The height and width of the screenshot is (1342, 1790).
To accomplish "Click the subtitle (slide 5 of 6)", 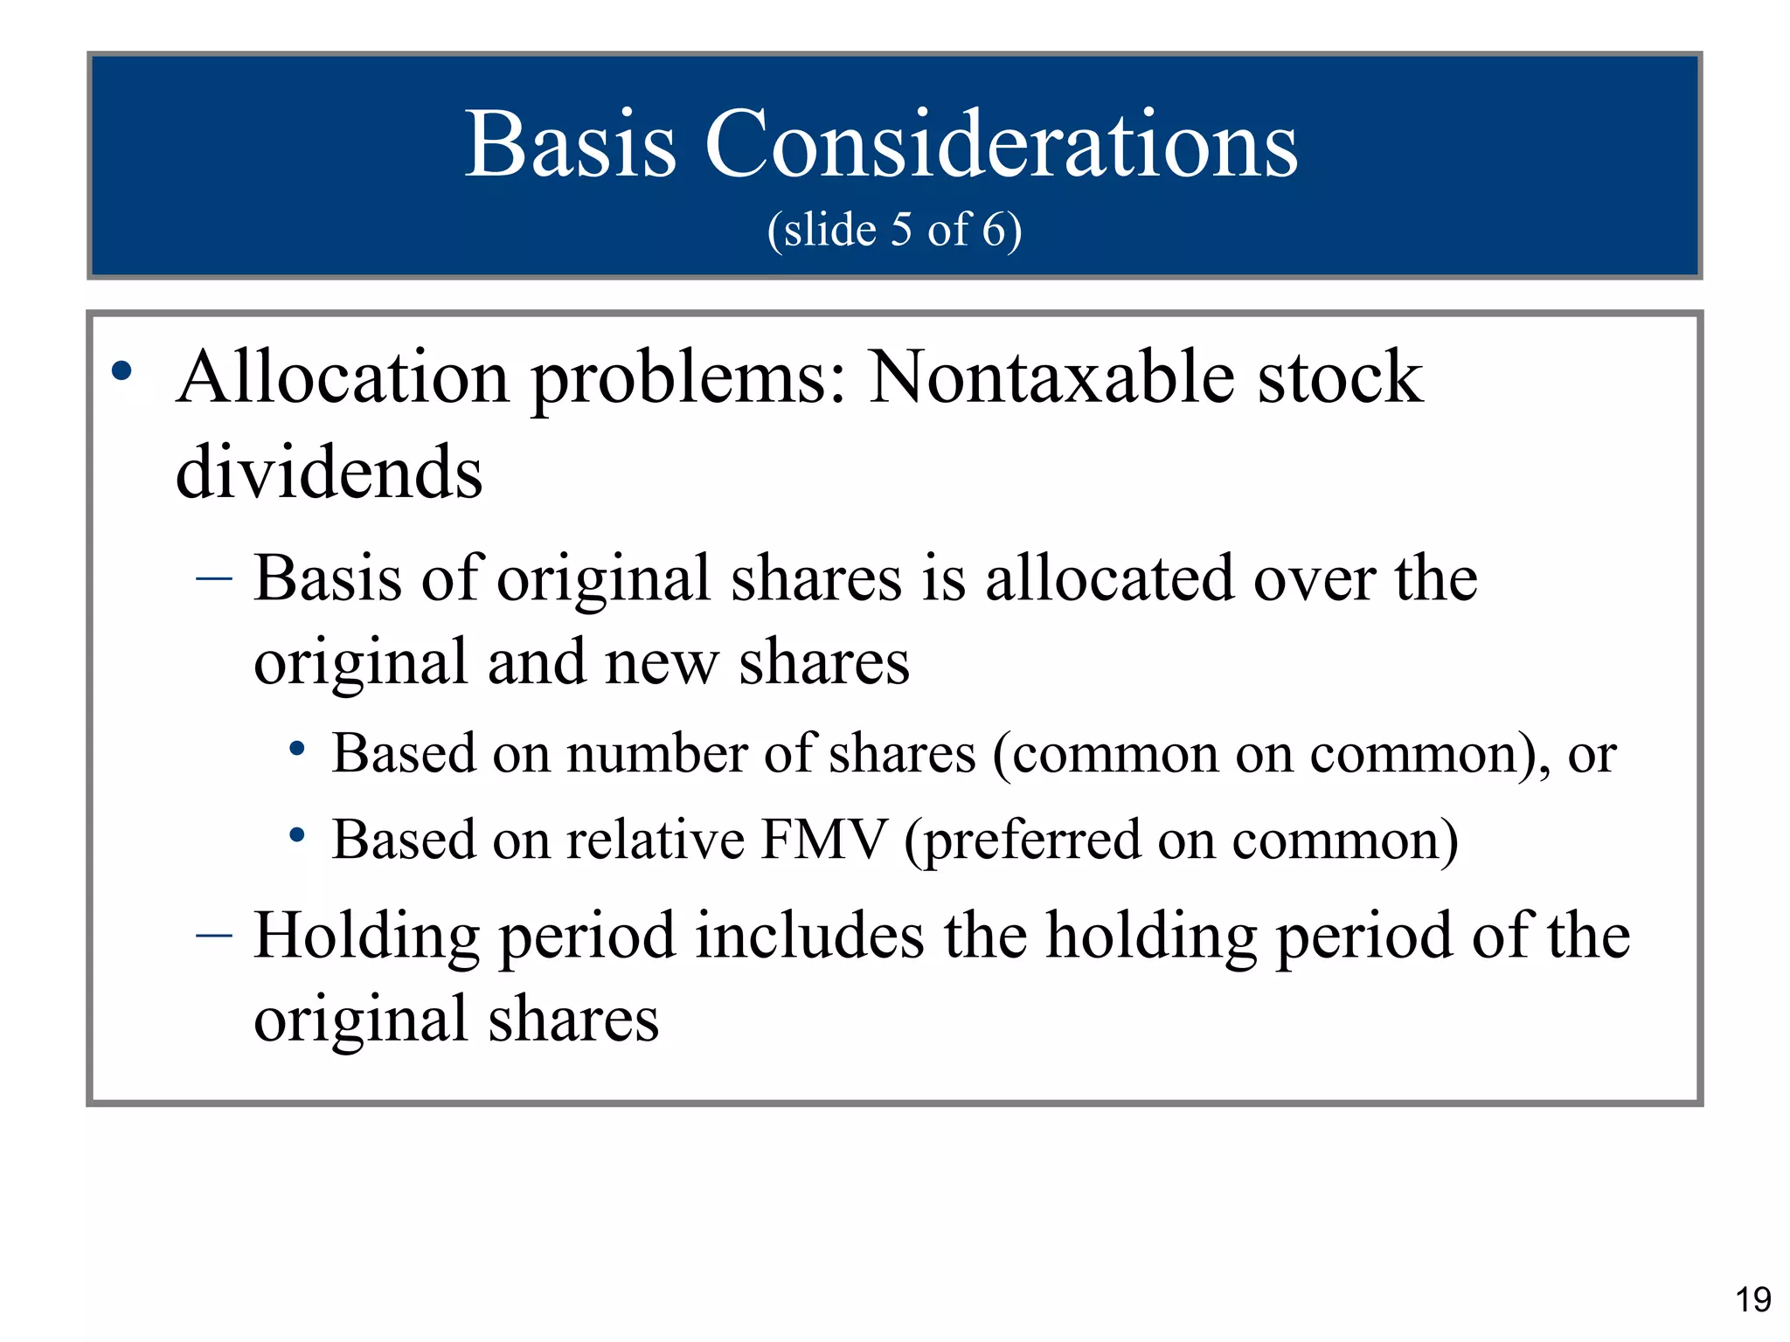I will pyautogui.click(x=894, y=230).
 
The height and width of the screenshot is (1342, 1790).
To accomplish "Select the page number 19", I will pyautogui.click(x=1752, y=1300).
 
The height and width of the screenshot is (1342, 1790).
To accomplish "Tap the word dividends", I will pyautogui.click(x=329, y=473).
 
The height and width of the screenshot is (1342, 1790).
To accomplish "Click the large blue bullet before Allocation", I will pyautogui.click(x=121, y=372).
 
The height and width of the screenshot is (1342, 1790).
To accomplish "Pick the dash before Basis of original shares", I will pyautogui.click(x=214, y=578).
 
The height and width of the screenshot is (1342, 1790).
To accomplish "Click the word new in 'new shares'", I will pyautogui.click(x=662, y=662).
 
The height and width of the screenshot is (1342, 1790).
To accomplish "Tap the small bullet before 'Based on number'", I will pyautogui.click(x=297, y=749).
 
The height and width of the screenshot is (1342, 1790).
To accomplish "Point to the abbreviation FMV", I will pyautogui.click(x=824, y=840).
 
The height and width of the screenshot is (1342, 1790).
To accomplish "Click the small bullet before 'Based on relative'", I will pyautogui.click(x=297, y=835).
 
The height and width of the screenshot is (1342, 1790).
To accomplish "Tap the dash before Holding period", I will pyautogui.click(x=214, y=936).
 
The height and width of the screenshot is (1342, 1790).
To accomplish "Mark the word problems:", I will pyautogui.click(x=689, y=379).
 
